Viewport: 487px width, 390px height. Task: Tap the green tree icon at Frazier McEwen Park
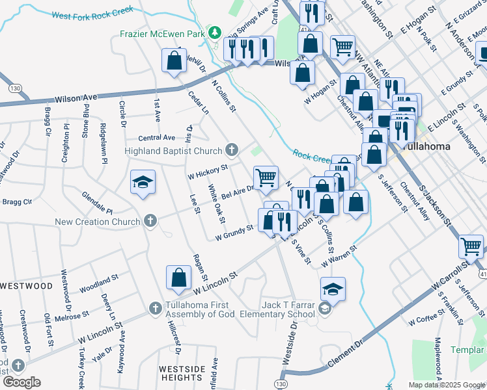214,32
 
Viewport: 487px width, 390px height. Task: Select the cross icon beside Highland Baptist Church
231,151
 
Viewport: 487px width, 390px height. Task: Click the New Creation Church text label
98,222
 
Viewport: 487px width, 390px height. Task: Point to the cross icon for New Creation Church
150,222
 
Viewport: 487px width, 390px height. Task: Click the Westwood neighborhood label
27,285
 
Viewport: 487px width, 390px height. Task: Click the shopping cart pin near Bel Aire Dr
266,177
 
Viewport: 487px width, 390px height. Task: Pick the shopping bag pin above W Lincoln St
178,278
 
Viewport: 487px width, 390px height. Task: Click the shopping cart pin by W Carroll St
471,246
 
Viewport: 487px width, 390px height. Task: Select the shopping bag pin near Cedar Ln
174,62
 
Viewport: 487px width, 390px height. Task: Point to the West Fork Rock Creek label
92,12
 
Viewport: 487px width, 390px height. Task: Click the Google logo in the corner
21,382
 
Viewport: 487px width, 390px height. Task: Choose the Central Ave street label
157,138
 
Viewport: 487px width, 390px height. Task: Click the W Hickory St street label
207,170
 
